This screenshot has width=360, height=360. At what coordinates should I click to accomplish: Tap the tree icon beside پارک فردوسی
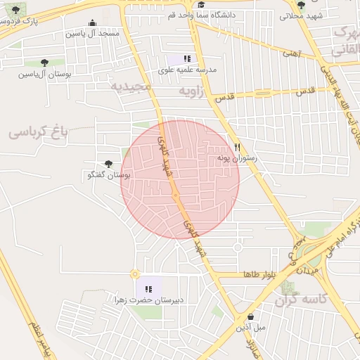point(16,10)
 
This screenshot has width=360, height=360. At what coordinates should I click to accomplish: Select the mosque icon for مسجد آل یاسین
point(93,23)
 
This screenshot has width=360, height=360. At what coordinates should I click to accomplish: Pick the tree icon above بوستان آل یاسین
point(45,63)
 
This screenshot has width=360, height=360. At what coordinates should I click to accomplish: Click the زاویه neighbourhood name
point(191,91)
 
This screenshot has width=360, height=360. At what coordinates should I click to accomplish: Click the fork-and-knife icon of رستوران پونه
point(237,148)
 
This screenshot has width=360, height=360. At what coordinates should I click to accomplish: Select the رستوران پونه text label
point(237,158)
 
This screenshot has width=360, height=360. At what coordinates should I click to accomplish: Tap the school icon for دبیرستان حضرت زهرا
point(148,289)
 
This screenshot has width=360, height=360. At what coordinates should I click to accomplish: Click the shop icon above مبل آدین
point(250,316)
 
